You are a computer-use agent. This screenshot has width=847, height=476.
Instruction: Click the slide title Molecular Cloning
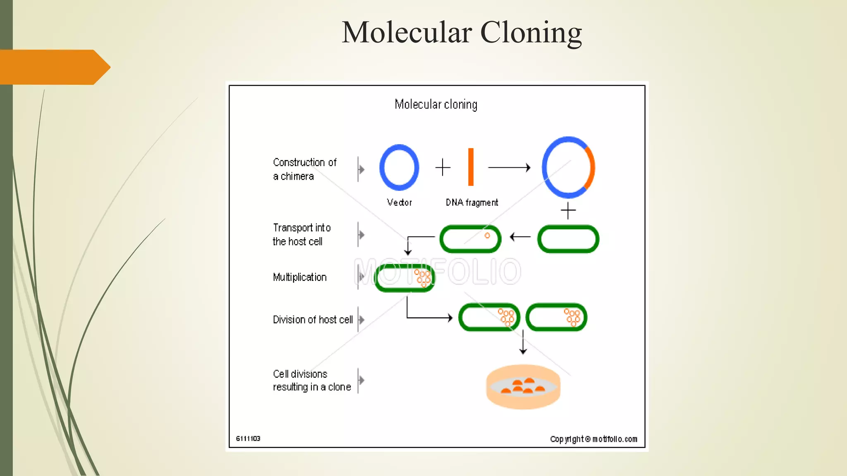tap(462, 32)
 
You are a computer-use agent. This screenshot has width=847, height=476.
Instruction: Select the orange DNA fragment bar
tap(471, 167)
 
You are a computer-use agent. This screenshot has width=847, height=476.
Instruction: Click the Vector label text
tap(399, 202)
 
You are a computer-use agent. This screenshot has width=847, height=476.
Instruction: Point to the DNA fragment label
tap(472, 202)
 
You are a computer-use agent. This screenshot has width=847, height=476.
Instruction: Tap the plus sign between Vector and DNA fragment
tap(443, 167)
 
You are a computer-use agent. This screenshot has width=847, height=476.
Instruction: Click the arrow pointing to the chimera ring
tap(509, 167)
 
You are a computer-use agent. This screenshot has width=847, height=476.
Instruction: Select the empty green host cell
tap(568, 239)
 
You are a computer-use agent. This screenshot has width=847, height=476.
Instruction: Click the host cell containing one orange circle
tap(470, 239)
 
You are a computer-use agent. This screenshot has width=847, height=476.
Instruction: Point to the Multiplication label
tap(300, 277)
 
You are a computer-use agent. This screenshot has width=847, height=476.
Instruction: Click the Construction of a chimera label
tap(305, 169)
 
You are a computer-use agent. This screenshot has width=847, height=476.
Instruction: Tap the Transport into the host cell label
tap(301, 235)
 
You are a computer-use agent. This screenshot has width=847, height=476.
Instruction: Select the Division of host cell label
tap(313, 320)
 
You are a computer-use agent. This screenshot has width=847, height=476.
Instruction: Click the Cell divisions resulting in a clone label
tap(312, 381)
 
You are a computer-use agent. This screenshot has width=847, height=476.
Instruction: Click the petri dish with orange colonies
tap(523, 387)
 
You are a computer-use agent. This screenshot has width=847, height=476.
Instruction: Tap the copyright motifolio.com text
tap(593, 439)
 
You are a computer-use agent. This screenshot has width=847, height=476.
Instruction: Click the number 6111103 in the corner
tap(248, 439)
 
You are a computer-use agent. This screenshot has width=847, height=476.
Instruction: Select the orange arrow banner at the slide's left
tap(54, 67)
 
